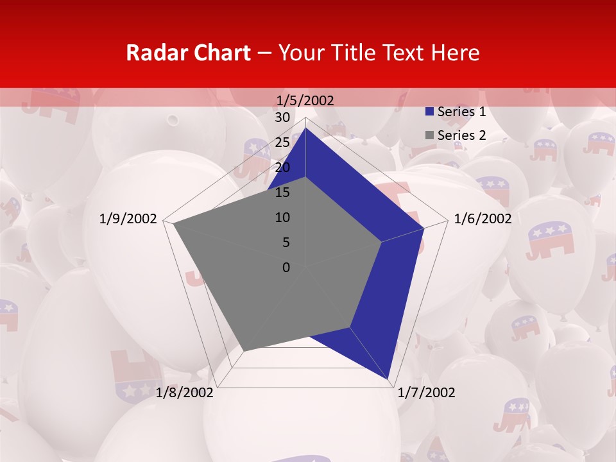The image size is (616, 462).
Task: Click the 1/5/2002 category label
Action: point(305,100)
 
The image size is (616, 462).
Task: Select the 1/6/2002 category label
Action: point(483,219)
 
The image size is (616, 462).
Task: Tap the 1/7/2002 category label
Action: point(426,393)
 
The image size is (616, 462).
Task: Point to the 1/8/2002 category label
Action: point(185,393)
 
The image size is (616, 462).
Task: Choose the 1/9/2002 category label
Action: point(128,219)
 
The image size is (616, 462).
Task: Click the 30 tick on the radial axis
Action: point(282,117)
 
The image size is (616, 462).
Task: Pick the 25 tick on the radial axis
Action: point(282,142)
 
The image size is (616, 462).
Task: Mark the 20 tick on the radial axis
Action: point(282,167)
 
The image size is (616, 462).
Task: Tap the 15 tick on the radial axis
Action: point(282,193)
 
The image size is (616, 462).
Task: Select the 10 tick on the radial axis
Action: point(282,218)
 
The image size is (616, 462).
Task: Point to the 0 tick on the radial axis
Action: point(286,268)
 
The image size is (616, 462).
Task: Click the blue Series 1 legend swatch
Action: point(430,112)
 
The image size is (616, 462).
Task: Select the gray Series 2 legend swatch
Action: point(430,135)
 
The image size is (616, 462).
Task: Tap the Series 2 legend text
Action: point(461,135)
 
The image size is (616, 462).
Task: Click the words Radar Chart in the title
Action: point(188,53)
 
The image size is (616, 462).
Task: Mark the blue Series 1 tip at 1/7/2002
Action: point(388,379)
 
